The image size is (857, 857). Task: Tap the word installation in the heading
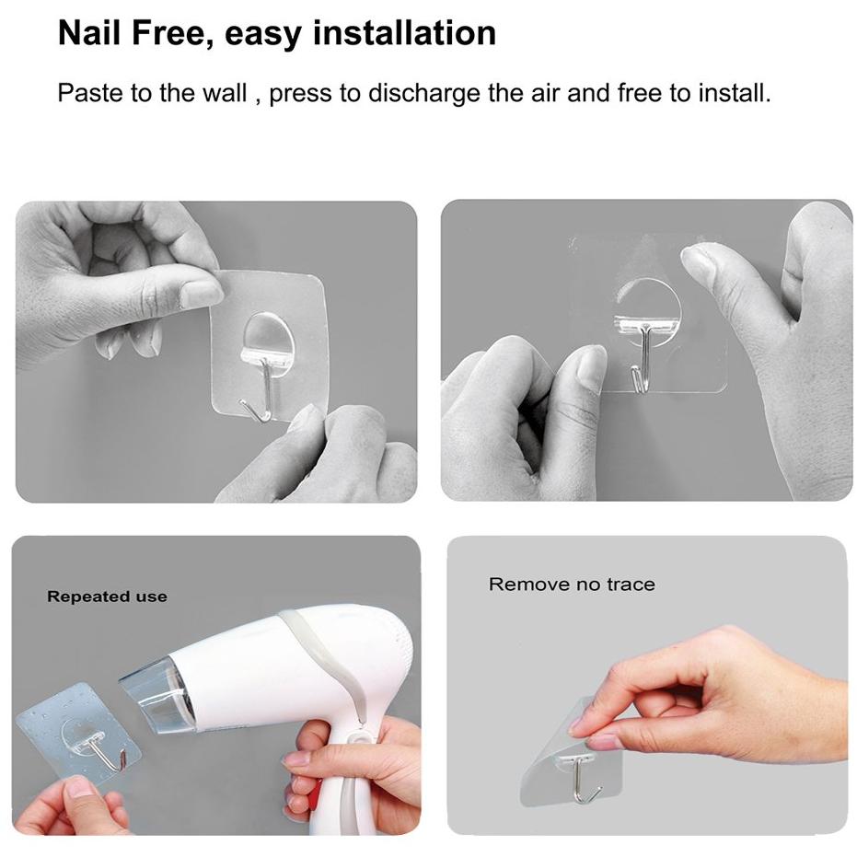coord(404,33)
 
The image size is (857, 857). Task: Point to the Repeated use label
coord(107,596)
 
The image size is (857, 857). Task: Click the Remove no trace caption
coord(572,585)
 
